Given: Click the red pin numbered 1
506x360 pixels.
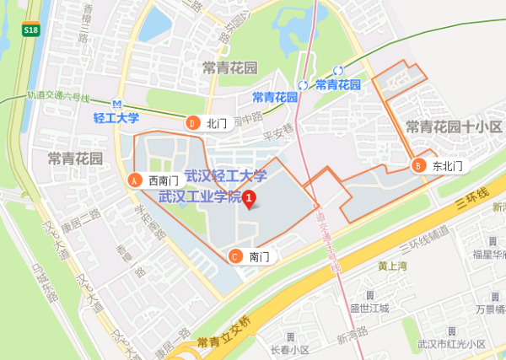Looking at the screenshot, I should click(250, 198).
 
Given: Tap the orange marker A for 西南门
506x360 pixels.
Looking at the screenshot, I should click(133, 180).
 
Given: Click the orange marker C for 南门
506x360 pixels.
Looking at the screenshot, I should click(234, 256).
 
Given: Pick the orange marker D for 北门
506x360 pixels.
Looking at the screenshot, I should click(191, 123).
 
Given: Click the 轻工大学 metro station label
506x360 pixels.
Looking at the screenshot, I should click(116, 118).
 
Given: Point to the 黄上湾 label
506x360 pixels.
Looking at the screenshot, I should click(393, 266).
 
